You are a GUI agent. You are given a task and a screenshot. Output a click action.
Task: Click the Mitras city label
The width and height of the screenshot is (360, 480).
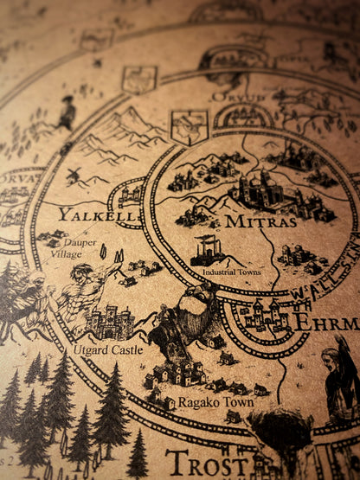click(260, 221)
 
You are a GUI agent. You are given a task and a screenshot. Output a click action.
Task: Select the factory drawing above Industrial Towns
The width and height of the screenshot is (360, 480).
click(209, 251)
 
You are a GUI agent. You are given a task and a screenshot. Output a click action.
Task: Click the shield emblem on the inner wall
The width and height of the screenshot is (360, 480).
click(189, 126)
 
